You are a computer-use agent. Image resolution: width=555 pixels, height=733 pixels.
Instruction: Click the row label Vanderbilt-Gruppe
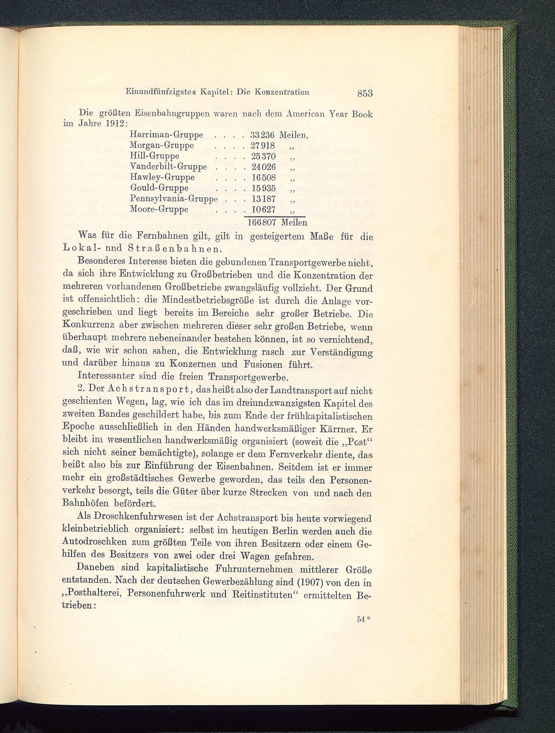click(x=168, y=167)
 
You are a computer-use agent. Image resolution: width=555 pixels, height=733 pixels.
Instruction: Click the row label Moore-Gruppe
click(x=159, y=210)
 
